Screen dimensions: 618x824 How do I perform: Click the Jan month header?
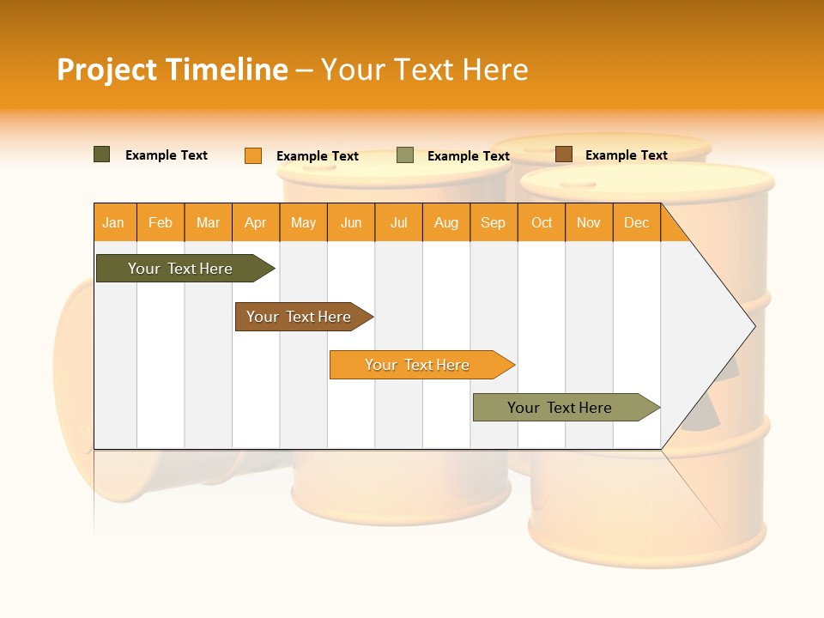pos(114,222)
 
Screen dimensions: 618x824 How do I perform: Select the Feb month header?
pos(161,222)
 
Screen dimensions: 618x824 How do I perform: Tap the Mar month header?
pos(208,222)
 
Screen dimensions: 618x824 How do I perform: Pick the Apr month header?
pos(256,222)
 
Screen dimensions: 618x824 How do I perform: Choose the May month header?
pos(303,222)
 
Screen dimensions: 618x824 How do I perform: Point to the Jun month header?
pos(351,222)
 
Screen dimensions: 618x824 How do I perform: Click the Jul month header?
pos(398,222)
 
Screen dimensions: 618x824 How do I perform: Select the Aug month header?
pos(446,222)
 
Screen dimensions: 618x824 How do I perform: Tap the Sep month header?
pos(494,222)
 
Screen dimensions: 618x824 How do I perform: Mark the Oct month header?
pos(542,222)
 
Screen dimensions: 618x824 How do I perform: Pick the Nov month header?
pos(589,222)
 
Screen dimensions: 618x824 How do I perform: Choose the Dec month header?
pos(636,222)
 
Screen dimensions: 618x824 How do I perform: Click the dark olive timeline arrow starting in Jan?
pos(181,269)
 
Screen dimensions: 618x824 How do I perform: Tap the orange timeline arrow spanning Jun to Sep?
pos(418,365)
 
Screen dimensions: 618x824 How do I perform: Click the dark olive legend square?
pos(102,154)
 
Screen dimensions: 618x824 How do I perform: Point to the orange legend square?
pos(253,155)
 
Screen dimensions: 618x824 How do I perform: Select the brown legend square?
pos(563,154)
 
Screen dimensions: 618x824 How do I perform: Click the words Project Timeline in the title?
pos(173,70)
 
